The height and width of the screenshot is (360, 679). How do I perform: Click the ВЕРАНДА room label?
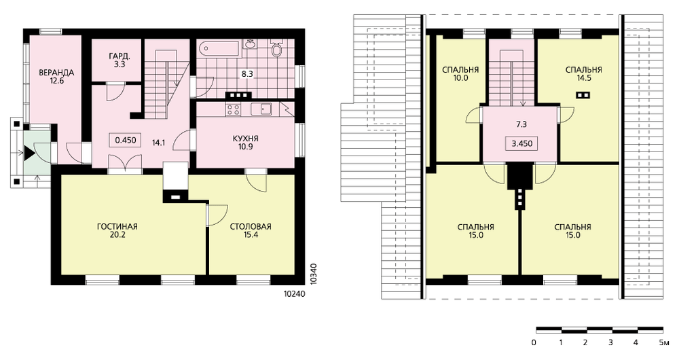pos(56,73)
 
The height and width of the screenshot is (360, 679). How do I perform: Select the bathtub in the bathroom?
pos(219,48)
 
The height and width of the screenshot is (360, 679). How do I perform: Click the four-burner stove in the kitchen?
pos(234,109)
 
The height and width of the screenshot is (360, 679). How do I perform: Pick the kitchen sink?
pos(261,109)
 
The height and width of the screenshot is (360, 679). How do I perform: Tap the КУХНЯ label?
pos(246,139)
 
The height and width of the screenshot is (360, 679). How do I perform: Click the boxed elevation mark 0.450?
pos(125,140)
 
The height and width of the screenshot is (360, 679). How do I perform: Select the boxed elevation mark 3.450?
pos(521,144)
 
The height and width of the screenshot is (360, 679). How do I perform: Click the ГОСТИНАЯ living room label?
pos(117,227)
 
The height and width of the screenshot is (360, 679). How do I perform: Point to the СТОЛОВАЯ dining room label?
pos(251,227)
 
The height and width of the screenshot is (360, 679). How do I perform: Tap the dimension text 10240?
pos(295,293)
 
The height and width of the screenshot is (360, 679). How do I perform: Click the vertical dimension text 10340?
pos(314,273)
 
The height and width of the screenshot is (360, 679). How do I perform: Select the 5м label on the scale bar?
pos(664,342)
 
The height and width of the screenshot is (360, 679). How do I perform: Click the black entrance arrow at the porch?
pos(29,154)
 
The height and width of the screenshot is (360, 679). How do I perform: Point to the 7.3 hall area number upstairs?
pos(521,124)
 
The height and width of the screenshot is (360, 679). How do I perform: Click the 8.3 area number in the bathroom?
pos(247,74)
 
